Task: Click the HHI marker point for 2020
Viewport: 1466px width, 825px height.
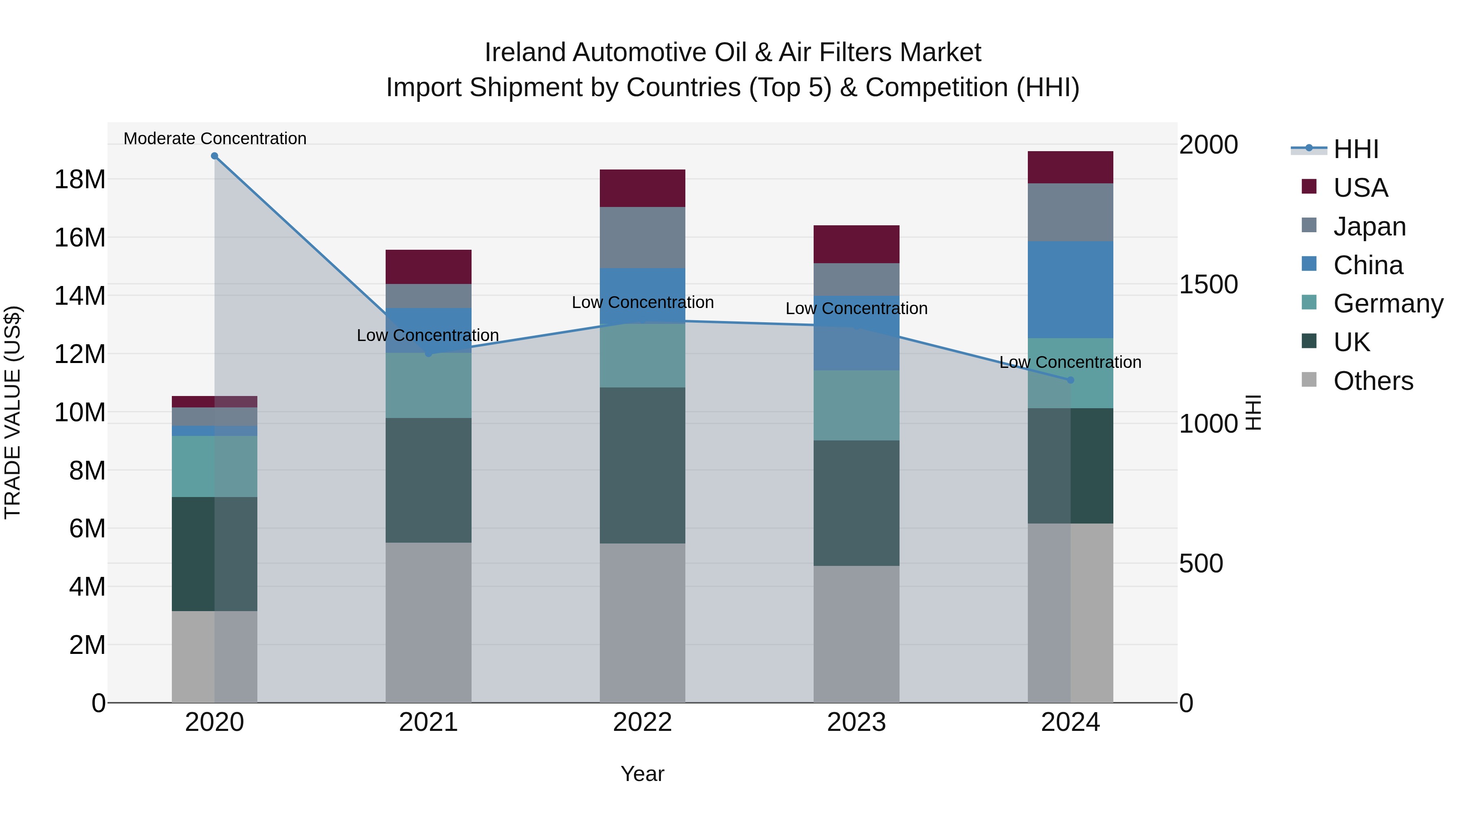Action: click(215, 156)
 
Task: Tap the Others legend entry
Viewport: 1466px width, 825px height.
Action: click(1373, 381)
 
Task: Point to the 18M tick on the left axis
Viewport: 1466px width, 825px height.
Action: click(80, 179)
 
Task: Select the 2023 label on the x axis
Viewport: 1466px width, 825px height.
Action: click(856, 722)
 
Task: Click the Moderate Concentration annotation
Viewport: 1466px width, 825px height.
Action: click(215, 139)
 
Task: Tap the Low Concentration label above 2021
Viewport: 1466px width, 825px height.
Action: click(428, 335)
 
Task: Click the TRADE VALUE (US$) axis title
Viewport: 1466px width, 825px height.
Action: click(13, 412)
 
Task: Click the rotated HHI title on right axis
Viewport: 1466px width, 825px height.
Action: click(1254, 412)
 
